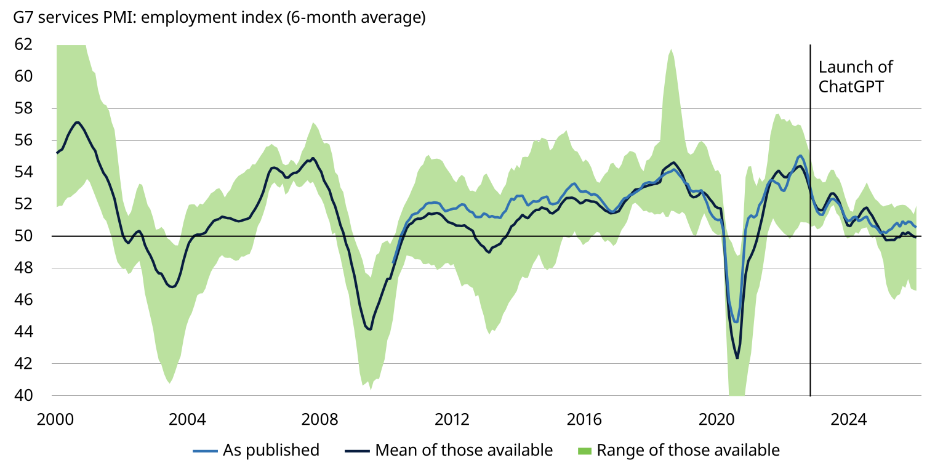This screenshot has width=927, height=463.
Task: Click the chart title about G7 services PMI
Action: (x=219, y=18)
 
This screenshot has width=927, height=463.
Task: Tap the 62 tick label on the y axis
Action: (x=24, y=44)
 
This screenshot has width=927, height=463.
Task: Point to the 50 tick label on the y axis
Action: (x=24, y=236)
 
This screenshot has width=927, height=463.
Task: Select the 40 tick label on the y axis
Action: (x=24, y=395)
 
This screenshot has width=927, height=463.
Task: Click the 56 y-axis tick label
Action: (x=24, y=140)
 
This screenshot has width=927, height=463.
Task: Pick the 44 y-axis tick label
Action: (x=24, y=332)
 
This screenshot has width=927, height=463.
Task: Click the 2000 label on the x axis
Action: (x=56, y=420)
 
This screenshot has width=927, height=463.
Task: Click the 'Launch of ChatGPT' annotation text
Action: (x=855, y=76)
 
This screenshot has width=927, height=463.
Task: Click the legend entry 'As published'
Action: (x=271, y=450)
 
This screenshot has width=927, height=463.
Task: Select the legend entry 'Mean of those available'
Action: (x=463, y=450)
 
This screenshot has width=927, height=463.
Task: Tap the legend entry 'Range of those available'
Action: (x=688, y=450)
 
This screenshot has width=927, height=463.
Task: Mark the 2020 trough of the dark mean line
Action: (x=737, y=358)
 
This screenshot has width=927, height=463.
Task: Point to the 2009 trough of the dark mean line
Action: (x=370, y=329)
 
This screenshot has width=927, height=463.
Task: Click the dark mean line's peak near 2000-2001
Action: (x=77, y=122)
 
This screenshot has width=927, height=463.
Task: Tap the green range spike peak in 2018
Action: (x=671, y=50)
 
